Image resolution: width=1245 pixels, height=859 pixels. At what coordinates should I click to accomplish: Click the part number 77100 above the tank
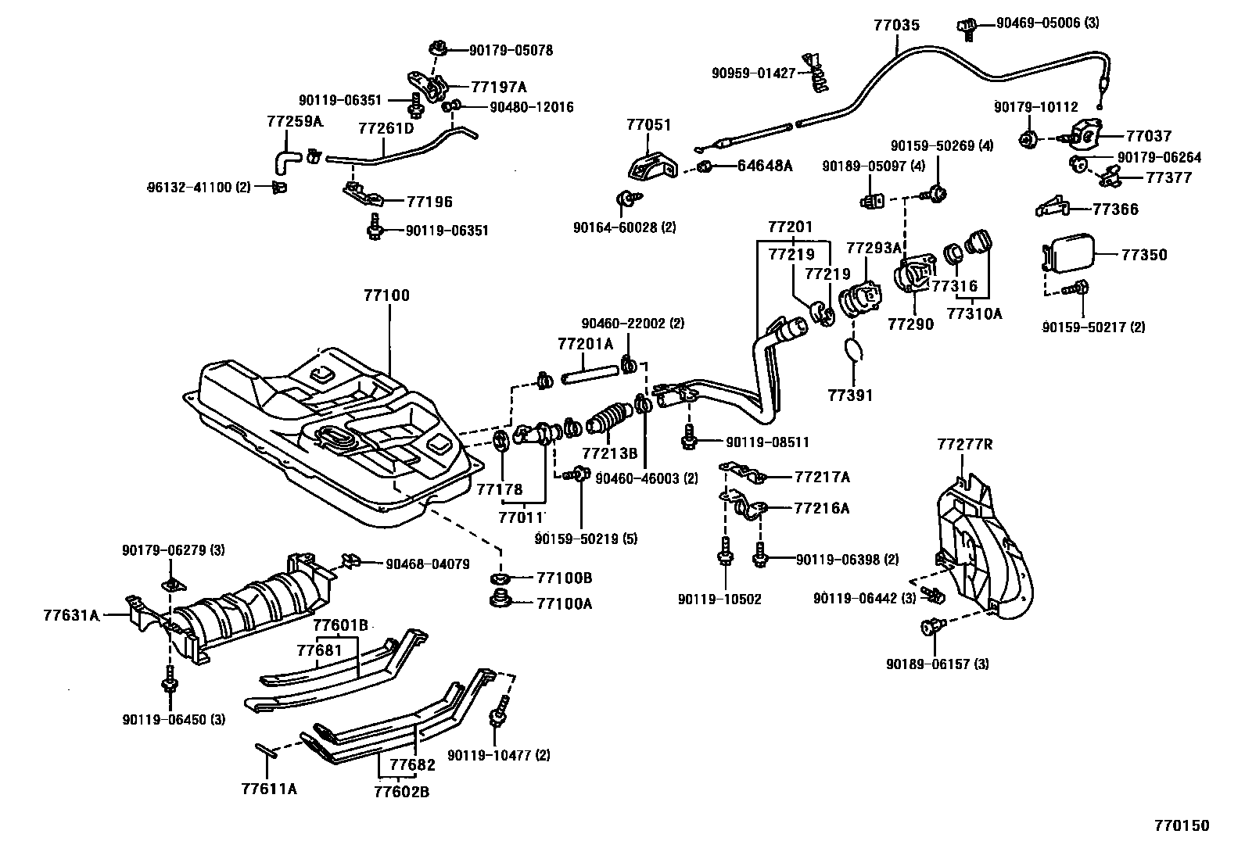(386, 296)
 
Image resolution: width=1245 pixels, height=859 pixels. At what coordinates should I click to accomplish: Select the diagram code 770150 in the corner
(1182, 825)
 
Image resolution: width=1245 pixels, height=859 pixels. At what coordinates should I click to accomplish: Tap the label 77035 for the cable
(896, 25)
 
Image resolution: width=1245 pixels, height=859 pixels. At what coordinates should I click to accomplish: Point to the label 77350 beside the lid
(1144, 255)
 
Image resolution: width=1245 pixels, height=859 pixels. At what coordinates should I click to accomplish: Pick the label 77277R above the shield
(965, 445)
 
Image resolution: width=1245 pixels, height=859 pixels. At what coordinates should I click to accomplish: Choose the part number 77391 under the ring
(850, 395)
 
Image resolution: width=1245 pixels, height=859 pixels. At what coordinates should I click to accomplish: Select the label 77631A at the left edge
(71, 615)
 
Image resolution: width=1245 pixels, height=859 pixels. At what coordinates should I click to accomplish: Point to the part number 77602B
(401, 792)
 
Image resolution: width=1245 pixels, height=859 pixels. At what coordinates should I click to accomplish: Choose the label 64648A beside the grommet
(764, 166)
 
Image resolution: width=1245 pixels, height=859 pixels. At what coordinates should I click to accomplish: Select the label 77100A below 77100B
(564, 603)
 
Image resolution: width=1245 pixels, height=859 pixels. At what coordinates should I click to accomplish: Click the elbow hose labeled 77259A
(285, 161)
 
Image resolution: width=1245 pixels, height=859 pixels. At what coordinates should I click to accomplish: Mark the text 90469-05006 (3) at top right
(1047, 23)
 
